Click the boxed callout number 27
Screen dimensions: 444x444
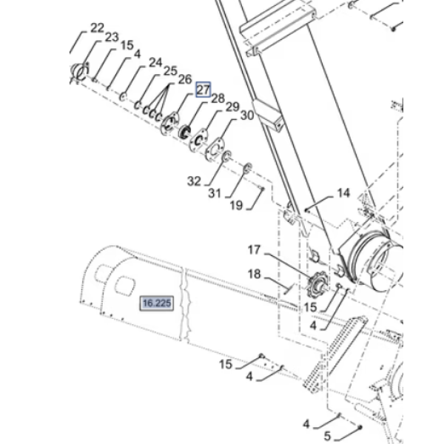[x=203, y=90]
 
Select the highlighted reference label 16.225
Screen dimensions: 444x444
[x=157, y=303]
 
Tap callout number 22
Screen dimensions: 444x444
[x=97, y=28]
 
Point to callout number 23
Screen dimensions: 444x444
[x=112, y=37]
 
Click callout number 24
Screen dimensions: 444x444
[x=155, y=63]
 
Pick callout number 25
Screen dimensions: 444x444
[x=170, y=71]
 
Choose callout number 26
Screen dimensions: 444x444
[x=185, y=79]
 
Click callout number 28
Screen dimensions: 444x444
[x=218, y=98]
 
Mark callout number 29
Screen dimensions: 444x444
[x=232, y=107]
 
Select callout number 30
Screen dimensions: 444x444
[x=247, y=115]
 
